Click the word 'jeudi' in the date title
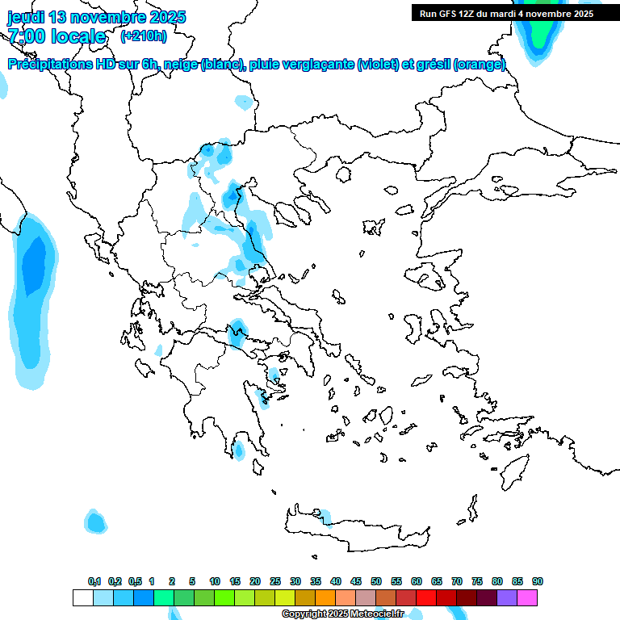click(x=27, y=16)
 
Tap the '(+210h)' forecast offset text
click(x=144, y=36)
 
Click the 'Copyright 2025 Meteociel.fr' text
click(x=342, y=614)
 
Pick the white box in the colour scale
click(x=82, y=597)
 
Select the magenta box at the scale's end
click(x=527, y=597)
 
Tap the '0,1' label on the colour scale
click(x=94, y=582)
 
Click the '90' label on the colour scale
click(x=538, y=582)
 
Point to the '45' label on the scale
click(x=356, y=582)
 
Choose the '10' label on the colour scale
click(x=215, y=582)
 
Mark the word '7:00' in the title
click(x=27, y=36)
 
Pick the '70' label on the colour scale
click(x=457, y=582)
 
